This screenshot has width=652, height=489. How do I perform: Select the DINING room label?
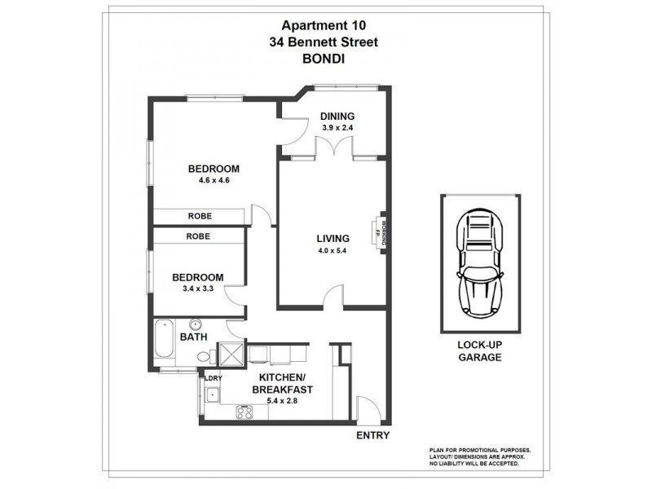(336, 116)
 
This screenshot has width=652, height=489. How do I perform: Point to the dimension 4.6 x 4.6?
(214, 181)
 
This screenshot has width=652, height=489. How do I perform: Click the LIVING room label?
(333, 239)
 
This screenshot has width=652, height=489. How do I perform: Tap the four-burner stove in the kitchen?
(244, 412)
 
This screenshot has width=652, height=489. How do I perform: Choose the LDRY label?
(213, 379)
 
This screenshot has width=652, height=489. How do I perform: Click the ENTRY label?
(373, 435)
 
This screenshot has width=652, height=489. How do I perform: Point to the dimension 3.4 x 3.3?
(196, 288)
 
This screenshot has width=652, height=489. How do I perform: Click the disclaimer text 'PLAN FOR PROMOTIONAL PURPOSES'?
(480, 450)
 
